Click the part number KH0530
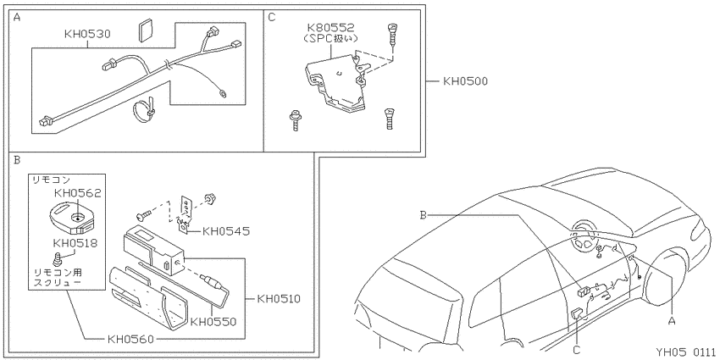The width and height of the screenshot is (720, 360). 87,34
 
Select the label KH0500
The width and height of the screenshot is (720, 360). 465,81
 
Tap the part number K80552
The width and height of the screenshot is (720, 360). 331,29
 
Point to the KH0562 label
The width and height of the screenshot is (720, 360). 78,193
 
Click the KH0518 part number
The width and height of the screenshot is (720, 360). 75,243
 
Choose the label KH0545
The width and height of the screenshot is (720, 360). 226,231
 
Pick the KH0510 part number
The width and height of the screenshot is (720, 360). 279,299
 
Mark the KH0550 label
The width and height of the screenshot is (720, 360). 213,322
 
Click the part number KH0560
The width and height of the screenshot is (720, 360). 130,340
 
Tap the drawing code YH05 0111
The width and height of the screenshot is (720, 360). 685,352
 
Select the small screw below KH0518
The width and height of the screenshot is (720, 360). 58,258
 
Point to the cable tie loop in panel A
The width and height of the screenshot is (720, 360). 143,110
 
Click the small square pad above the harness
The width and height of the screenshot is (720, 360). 146,31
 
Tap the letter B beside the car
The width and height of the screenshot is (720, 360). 424,214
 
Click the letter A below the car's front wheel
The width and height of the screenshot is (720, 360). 672,321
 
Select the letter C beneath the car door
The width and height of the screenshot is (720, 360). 577,351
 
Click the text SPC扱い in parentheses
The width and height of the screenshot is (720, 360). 331,39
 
